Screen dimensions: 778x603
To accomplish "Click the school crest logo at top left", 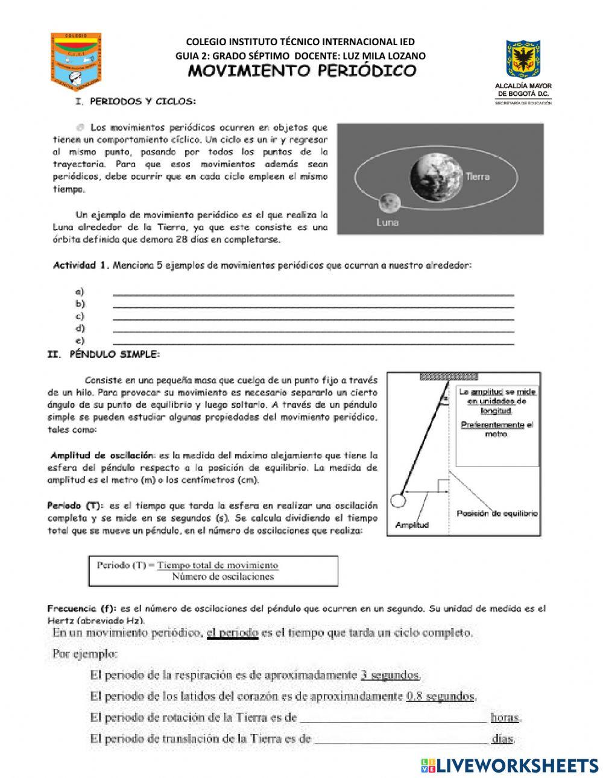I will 75,58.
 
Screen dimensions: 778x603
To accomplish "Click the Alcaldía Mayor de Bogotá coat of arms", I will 523,60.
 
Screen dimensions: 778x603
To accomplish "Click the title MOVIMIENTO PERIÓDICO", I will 303,71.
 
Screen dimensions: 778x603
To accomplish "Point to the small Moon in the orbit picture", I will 390,202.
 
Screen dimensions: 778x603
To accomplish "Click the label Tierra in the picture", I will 477,177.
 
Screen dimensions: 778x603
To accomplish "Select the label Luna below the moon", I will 387,222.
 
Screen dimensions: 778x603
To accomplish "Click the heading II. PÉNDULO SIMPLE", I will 104,354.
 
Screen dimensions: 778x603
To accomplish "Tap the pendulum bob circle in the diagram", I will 397,500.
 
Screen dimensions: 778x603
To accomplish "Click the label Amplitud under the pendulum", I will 412,525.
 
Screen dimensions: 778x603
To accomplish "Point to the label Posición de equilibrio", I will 497,513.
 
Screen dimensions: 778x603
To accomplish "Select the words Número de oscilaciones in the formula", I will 223,577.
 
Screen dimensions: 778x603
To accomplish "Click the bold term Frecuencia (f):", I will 82,609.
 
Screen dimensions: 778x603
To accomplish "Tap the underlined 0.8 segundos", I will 441,696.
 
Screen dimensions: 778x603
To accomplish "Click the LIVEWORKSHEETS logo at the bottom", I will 510,765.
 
